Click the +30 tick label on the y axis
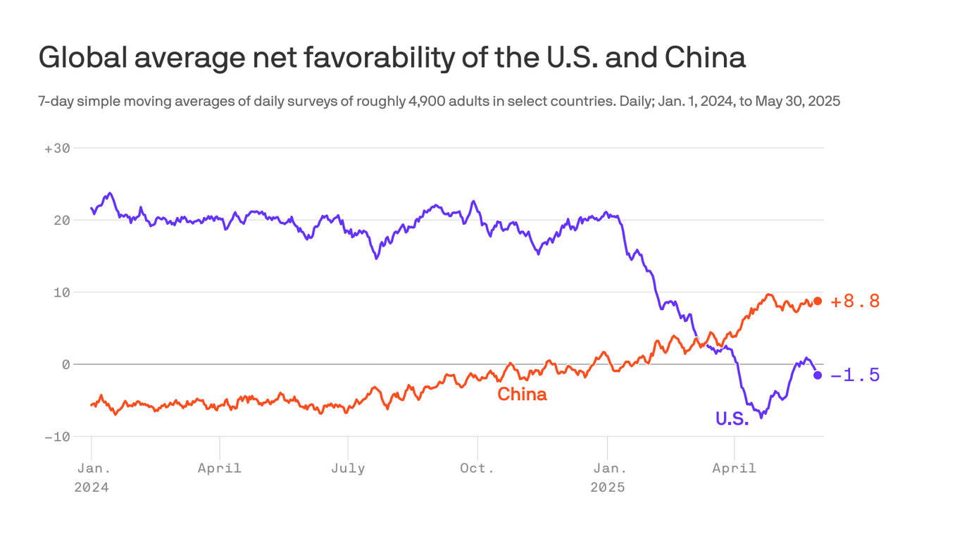point(58,148)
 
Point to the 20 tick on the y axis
point(62,220)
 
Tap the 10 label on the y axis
point(62,292)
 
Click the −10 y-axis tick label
point(58,437)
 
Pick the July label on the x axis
point(348,468)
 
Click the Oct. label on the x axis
point(477,468)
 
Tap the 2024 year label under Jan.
point(92,487)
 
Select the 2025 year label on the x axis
point(607,487)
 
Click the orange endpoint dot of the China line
point(817,301)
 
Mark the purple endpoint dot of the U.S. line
point(817,375)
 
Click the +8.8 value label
point(855,301)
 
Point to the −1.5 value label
point(855,375)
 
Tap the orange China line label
point(522,394)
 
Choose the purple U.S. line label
point(732,418)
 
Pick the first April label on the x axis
point(220,468)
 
